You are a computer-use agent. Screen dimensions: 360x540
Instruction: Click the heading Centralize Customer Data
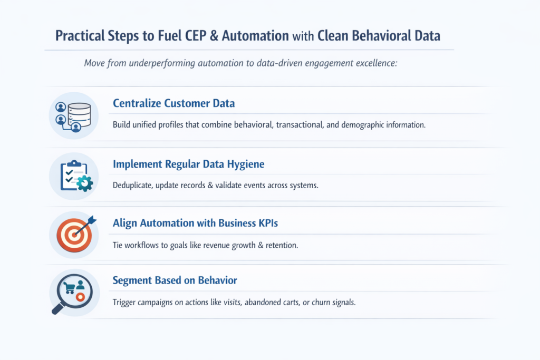[x=173, y=103]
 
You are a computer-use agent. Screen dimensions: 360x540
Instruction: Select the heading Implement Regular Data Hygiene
[x=188, y=164]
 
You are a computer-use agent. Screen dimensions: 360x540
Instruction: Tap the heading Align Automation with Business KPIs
[x=195, y=223]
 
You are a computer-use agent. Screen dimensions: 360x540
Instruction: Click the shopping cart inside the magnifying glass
[x=70, y=287]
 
